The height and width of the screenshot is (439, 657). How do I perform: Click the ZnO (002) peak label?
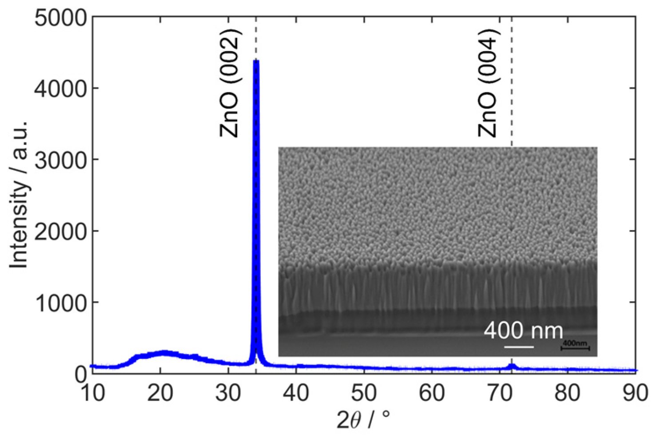(230, 84)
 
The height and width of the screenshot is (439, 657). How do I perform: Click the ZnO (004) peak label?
(488, 84)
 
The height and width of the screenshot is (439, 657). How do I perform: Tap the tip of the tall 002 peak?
(256, 61)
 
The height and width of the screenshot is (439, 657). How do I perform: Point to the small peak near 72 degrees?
(512, 366)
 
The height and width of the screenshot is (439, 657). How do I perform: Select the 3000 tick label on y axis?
(60, 160)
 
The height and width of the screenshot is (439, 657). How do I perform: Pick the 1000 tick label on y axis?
(60, 303)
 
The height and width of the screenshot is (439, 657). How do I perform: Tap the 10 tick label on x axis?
(92, 394)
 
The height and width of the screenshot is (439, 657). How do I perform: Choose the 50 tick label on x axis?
(364, 394)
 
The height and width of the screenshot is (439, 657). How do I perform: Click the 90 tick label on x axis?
(635, 394)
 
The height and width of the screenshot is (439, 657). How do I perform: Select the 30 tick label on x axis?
(228, 394)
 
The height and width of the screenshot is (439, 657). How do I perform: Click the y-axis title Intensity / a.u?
(20, 194)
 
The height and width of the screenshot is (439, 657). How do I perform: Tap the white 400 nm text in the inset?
(523, 331)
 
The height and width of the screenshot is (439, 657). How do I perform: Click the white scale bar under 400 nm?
(519, 346)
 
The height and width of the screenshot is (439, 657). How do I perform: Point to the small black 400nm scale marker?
(575, 345)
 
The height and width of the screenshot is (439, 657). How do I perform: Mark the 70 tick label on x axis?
(500, 394)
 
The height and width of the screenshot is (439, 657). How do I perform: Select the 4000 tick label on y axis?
(60, 89)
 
